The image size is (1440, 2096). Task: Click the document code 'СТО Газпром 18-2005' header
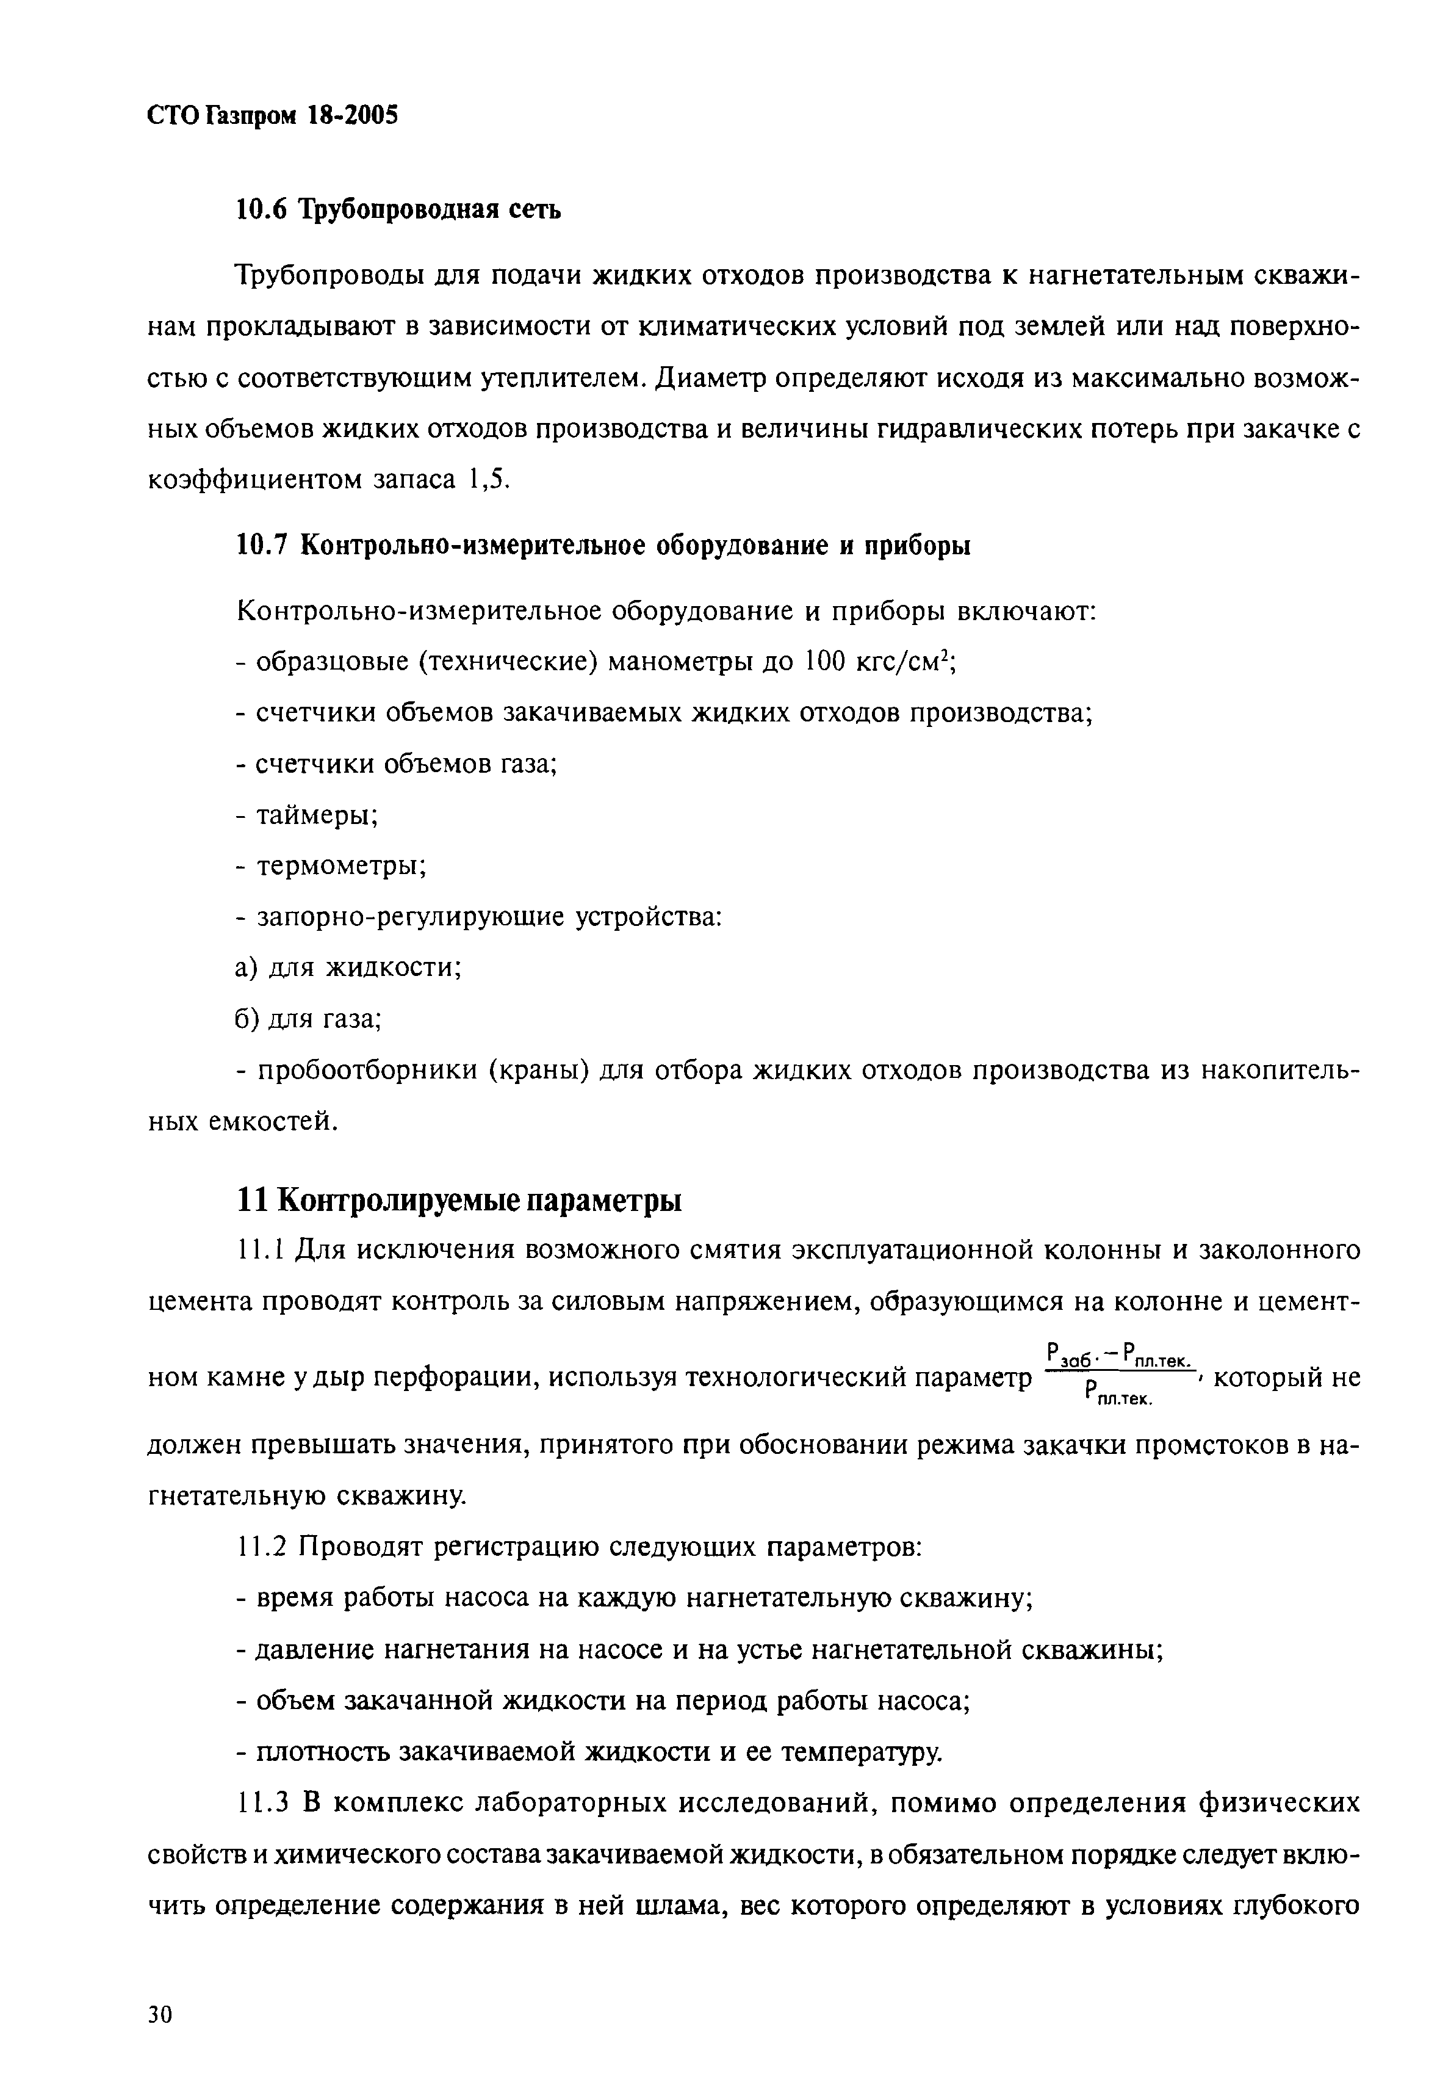pos(272,115)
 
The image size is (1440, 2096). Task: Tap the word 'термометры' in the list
pos(341,866)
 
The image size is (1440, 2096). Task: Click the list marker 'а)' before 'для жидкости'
pos(247,968)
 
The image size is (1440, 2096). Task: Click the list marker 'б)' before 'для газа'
pos(247,1019)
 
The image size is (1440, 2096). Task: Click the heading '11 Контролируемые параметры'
pos(458,1201)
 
